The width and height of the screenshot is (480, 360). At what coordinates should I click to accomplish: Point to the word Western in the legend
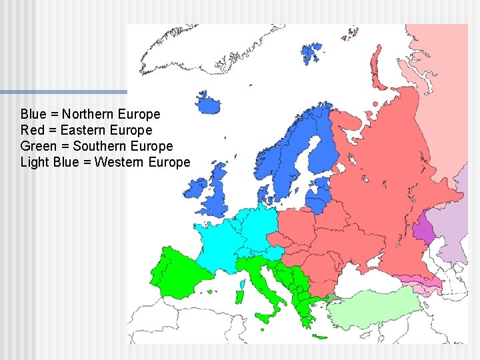120,162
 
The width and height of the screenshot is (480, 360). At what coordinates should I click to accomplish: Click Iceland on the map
208,104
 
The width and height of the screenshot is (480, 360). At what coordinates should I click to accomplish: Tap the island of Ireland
196,189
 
